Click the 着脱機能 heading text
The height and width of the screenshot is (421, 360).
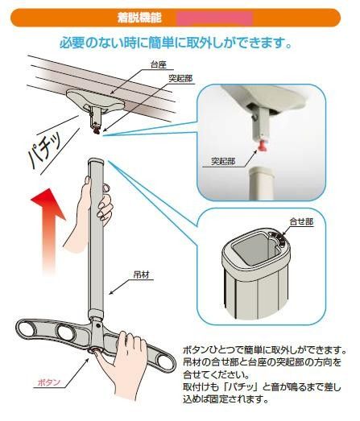[x=139, y=18]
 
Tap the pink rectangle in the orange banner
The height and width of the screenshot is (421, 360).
[x=215, y=19]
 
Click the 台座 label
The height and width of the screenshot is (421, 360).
[x=159, y=65]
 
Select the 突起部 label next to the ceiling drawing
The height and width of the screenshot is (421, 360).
[x=180, y=79]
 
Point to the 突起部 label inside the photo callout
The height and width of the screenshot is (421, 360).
[x=223, y=161]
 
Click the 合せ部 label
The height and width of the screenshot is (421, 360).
[x=301, y=222]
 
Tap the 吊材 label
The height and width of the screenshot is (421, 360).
[x=141, y=274]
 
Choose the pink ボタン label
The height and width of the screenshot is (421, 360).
[x=48, y=382]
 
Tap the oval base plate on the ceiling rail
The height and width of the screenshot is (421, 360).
[x=95, y=99]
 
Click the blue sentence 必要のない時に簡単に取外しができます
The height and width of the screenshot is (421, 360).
[x=176, y=43]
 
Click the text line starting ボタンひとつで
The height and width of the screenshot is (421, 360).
[x=264, y=350]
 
